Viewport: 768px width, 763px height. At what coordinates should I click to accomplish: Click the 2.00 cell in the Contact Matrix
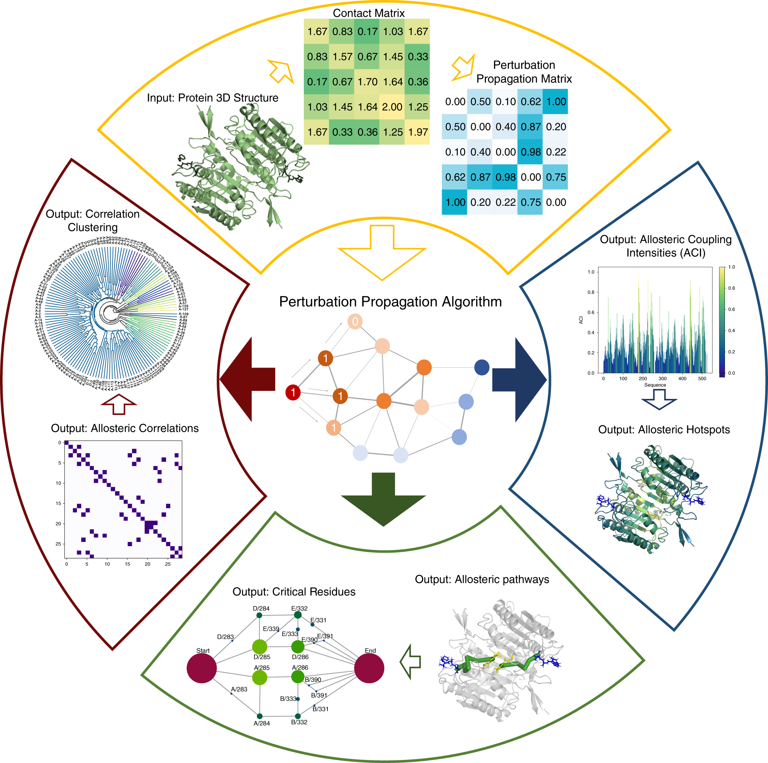pos(392,107)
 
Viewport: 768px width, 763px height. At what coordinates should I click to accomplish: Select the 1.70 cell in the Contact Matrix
pos(367,82)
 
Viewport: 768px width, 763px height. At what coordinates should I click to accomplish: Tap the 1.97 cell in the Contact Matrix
pos(417,132)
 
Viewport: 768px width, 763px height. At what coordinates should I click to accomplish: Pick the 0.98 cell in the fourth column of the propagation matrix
pos(530,152)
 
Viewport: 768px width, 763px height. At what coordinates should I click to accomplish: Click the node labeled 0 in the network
pos(355,322)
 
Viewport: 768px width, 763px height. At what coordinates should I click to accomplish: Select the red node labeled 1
pos(293,393)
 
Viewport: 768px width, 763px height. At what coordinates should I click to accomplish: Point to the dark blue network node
pos(482,368)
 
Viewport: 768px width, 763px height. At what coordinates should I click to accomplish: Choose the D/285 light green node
pos(259,647)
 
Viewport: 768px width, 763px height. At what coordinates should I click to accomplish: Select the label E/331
pos(318,620)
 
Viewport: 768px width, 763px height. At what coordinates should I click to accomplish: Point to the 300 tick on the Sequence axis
pos(663,379)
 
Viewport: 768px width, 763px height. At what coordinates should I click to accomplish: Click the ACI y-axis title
pos(581,320)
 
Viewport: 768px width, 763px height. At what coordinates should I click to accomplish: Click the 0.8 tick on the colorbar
pos(731,288)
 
